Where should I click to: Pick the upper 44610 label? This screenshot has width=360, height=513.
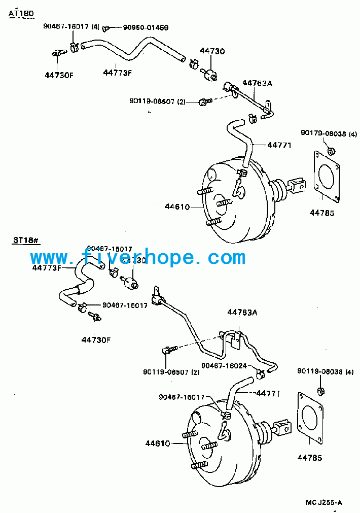[177, 207]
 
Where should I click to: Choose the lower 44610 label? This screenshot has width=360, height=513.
[158, 443]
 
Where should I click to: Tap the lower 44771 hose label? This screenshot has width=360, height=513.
[268, 393]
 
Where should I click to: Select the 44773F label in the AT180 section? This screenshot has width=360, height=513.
[117, 73]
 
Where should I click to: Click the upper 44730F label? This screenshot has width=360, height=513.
[59, 75]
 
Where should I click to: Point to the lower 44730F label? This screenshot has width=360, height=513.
[95, 339]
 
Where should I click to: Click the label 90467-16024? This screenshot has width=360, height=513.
[224, 365]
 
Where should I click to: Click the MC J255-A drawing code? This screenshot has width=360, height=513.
[324, 502]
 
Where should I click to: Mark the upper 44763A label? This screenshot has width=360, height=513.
[257, 83]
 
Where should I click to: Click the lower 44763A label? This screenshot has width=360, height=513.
[242, 313]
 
